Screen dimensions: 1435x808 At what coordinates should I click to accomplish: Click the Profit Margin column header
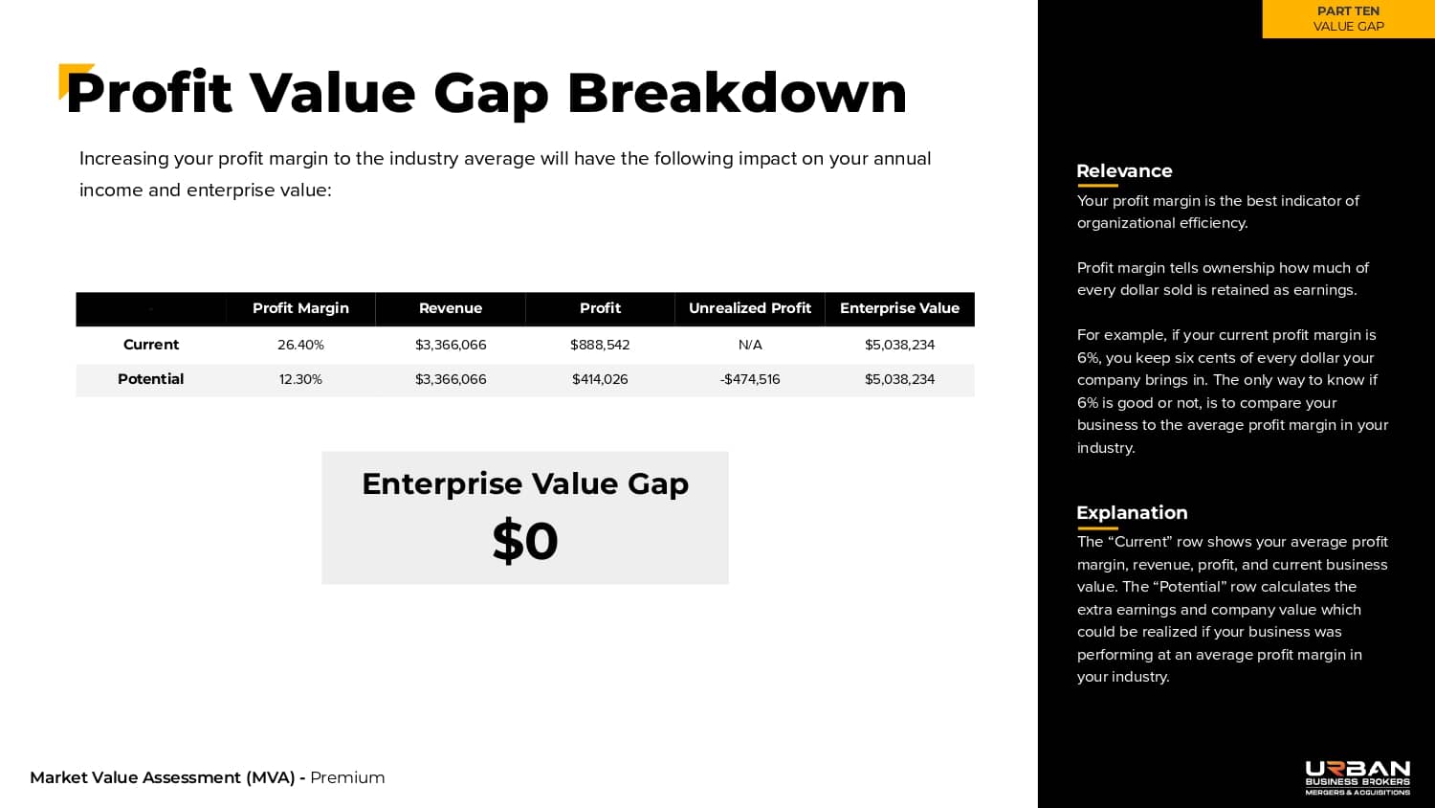(x=300, y=308)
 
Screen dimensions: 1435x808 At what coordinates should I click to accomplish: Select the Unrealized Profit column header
(x=749, y=308)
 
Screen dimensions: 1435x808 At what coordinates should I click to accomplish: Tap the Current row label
(x=150, y=345)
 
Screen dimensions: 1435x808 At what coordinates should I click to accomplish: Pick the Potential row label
(x=150, y=379)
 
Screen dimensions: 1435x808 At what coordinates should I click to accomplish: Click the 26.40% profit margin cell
(x=300, y=345)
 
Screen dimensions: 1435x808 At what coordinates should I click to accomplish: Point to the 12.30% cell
(x=300, y=380)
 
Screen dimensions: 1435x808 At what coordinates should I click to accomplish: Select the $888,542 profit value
(x=600, y=345)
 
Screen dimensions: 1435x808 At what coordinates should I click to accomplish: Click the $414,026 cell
(x=600, y=380)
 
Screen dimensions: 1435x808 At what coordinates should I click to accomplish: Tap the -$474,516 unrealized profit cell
(x=749, y=380)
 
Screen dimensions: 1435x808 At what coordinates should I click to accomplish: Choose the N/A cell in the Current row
(x=749, y=345)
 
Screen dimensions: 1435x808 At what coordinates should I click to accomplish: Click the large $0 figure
(x=525, y=541)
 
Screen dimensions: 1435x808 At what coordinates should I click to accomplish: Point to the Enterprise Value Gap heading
(x=525, y=484)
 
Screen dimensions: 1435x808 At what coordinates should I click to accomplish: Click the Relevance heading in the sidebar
(x=1124, y=171)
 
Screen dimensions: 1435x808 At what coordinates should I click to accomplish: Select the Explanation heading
(x=1132, y=513)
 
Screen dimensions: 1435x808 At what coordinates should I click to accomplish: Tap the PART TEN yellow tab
(x=1349, y=18)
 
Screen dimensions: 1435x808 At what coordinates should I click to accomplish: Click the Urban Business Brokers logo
(x=1358, y=778)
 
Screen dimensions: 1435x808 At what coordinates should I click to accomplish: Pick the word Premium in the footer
(x=347, y=778)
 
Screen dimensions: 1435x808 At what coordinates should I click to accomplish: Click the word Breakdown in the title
(x=737, y=94)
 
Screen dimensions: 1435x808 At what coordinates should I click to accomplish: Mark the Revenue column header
(x=451, y=308)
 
